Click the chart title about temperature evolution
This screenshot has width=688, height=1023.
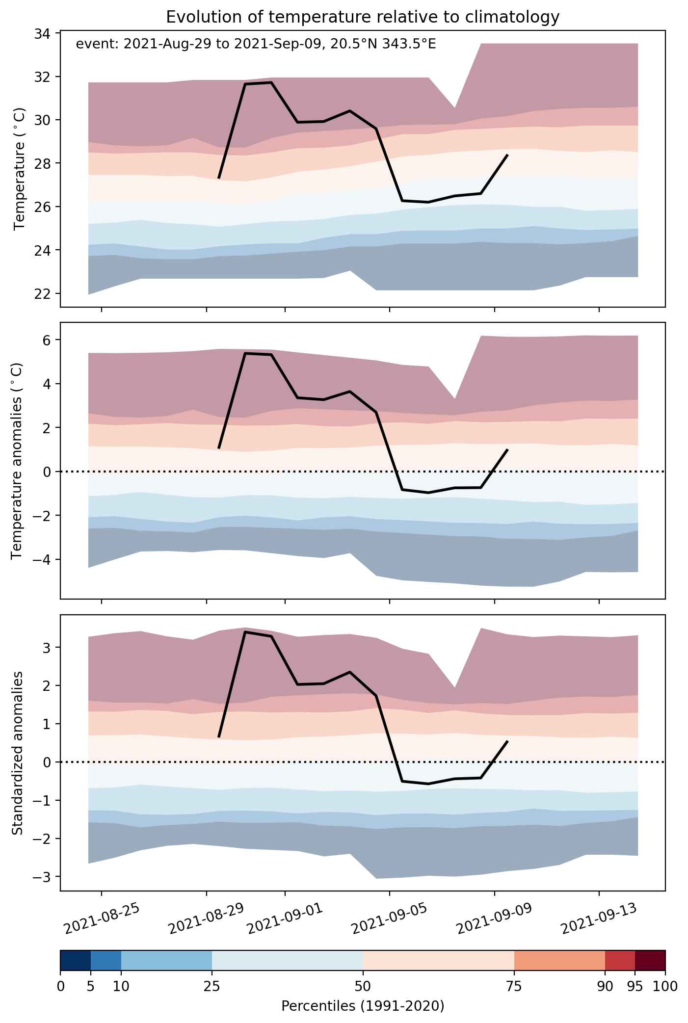click(363, 17)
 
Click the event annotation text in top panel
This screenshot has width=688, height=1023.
click(256, 45)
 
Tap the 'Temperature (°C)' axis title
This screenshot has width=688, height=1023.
click(19, 170)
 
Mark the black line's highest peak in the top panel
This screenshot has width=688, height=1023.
click(271, 82)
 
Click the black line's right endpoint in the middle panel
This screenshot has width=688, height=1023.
click(507, 449)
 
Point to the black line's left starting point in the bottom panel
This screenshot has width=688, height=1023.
click(219, 737)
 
